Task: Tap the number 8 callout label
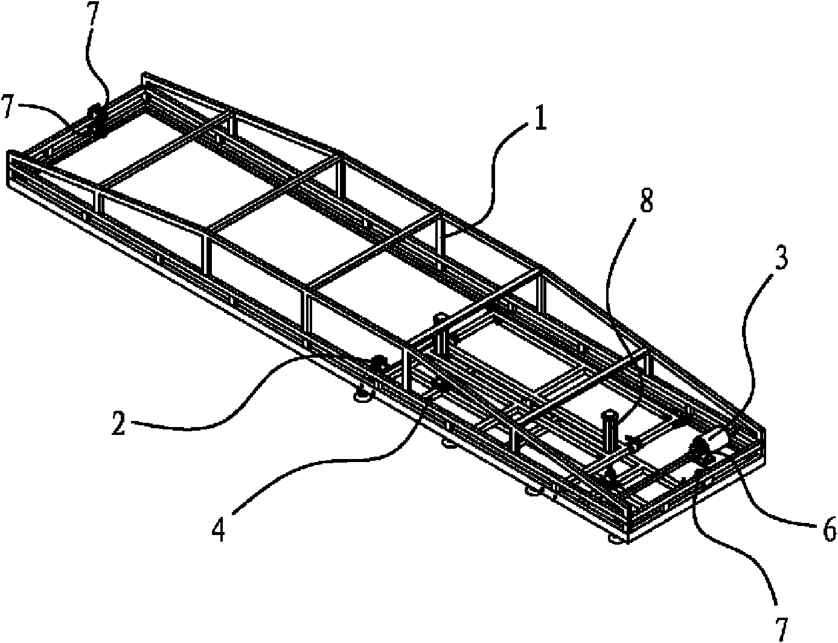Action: pos(647,200)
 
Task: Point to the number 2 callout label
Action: pos(119,422)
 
